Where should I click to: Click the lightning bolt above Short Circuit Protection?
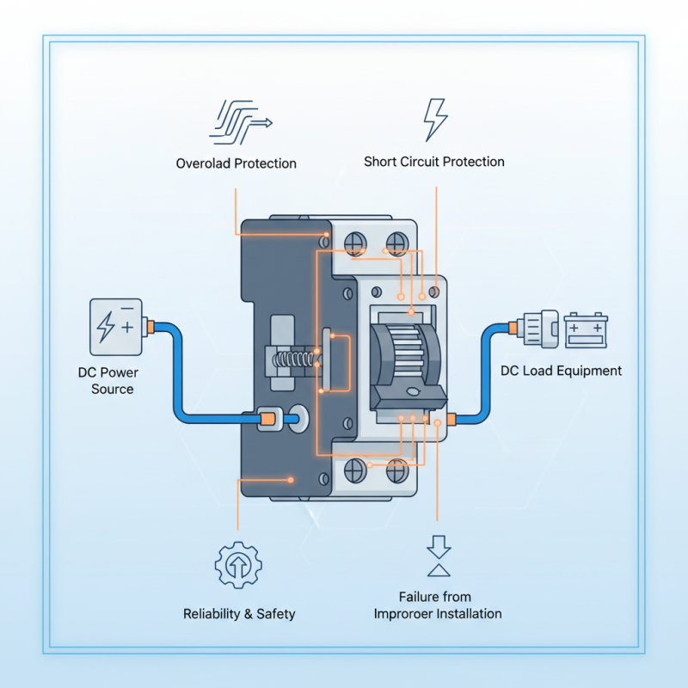pyautogui.click(x=435, y=120)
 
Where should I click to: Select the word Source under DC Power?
pyautogui.click(x=113, y=389)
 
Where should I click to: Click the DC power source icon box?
pyautogui.click(x=115, y=327)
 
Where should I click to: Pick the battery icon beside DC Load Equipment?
pyautogui.click(x=587, y=329)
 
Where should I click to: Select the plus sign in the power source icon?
pyautogui.click(x=127, y=328)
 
